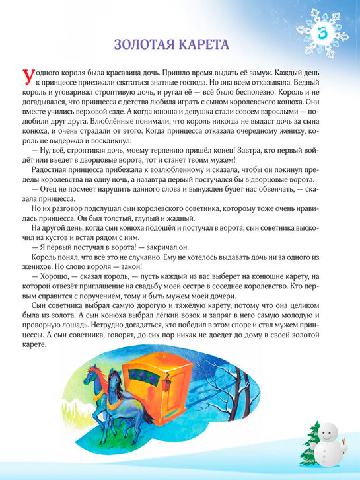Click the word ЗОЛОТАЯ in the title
145,45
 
